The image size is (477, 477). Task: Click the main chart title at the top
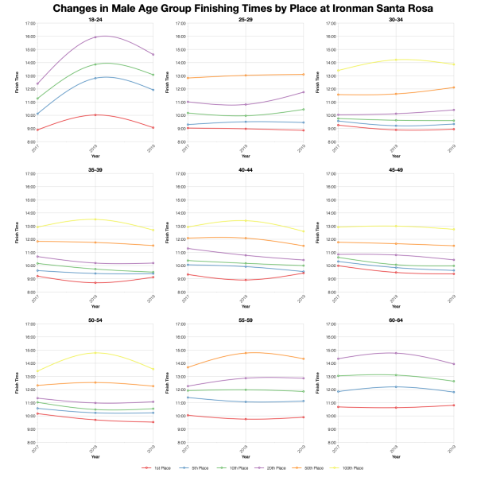tap(238, 9)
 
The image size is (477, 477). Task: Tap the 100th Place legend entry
tap(349, 468)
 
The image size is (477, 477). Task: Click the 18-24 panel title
tap(95, 19)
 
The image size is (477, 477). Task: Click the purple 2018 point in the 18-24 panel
tap(95, 37)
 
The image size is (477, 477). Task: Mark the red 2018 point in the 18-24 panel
tap(95, 115)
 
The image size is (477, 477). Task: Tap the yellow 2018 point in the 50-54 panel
tap(95, 353)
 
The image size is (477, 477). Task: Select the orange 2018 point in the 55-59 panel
tap(245, 353)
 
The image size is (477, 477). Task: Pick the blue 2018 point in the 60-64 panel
tap(395, 387)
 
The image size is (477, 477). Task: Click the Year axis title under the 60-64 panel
tap(395, 456)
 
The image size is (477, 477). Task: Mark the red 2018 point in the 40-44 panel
tap(245, 280)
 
